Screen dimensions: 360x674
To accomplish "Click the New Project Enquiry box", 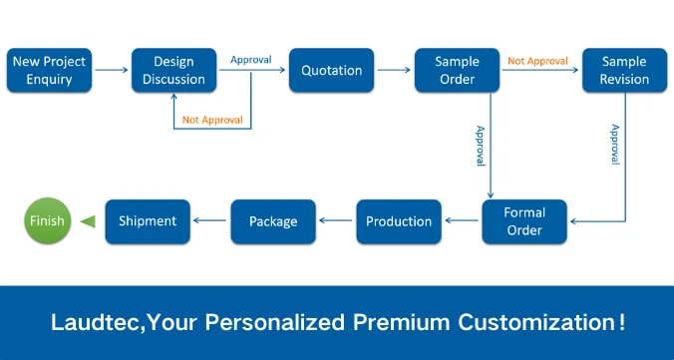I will (x=49, y=71).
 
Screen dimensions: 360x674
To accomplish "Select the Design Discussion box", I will (x=174, y=71).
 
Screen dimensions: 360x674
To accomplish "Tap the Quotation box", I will (x=331, y=71).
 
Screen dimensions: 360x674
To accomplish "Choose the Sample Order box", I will (x=457, y=71).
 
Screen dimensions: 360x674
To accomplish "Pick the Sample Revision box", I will (x=624, y=71).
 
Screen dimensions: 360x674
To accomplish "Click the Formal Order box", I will (x=524, y=221).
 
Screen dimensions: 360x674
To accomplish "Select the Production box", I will (x=399, y=221).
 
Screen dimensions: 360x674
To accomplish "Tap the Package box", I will (x=273, y=221).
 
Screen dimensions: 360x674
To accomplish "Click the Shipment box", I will (x=148, y=221).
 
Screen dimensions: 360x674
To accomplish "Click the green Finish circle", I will (x=47, y=221).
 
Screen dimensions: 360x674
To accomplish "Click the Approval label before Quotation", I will (x=250, y=60).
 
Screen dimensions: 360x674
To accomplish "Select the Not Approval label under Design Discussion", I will (x=211, y=120).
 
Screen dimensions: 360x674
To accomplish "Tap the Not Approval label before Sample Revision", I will (x=539, y=61).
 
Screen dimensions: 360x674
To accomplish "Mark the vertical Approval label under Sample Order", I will (x=480, y=146).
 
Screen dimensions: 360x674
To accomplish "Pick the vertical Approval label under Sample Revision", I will (x=615, y=146).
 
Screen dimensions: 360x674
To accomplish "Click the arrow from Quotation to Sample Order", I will (x=394, y=71).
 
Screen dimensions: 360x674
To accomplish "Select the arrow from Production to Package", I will (x=336, y=221).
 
